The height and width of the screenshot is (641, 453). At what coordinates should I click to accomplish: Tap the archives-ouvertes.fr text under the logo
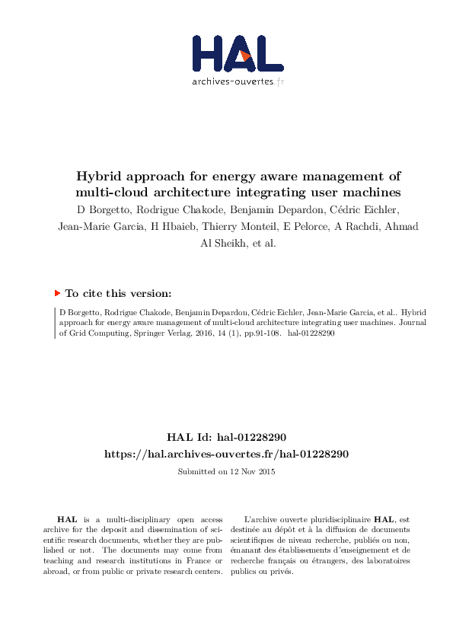click(238, 81)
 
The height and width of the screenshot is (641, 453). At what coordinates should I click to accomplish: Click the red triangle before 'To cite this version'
click(57, 293)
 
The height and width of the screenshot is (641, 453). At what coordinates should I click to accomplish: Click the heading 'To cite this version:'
click(118, 293)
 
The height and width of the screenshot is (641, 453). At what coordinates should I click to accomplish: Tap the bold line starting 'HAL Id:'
click(226, 438)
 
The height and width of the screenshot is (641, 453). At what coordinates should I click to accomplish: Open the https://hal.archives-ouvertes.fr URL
click(226, 454)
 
